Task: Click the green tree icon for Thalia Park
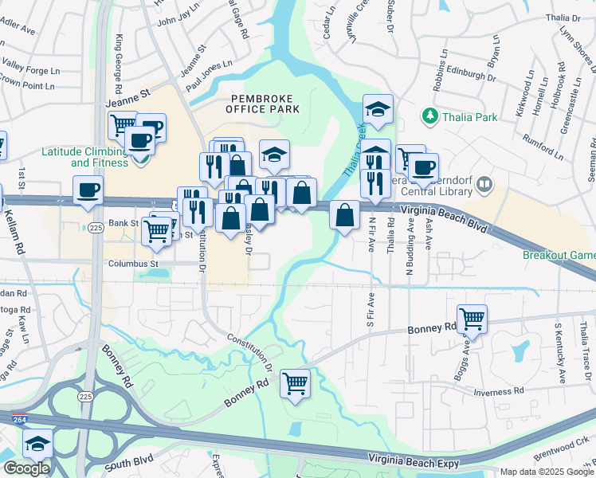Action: (431, 117)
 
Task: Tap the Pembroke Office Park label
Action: (265, 104)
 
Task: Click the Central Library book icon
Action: (484, 186)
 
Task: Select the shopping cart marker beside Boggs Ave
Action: (472, 318)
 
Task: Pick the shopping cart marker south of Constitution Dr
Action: (296, 383)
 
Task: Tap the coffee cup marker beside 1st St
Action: (88, 190)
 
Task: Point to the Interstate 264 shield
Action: (21, 418)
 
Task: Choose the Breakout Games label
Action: (559, 256)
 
